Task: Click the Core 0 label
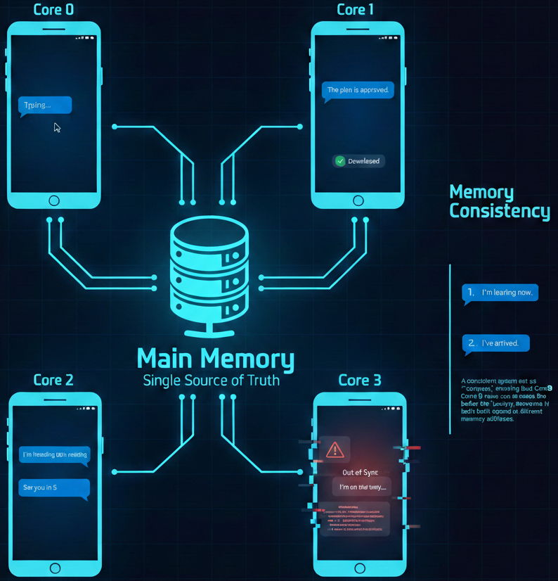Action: (53, 10)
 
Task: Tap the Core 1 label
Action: (356, 10)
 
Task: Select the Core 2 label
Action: (53, 380)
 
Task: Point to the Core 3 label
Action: (360, 381)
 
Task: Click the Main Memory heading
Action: (216, 359)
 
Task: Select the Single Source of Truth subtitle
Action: (212, 381)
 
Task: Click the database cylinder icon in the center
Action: (210, 274)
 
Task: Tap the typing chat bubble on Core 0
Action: (45, 106)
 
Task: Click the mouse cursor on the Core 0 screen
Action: (57, 127)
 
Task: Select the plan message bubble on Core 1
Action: (357, 90)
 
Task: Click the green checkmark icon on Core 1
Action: (340, 161)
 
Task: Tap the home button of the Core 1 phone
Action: (358, 200)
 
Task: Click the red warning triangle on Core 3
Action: (335, 449)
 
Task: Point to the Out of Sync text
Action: (360, 472)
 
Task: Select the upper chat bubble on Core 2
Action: (55, 455)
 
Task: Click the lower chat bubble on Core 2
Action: (54, 487)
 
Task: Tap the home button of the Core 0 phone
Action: (54, 200)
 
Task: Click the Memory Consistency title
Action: (499, 201)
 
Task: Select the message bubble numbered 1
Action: (500, 293)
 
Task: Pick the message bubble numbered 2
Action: (496, 343)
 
